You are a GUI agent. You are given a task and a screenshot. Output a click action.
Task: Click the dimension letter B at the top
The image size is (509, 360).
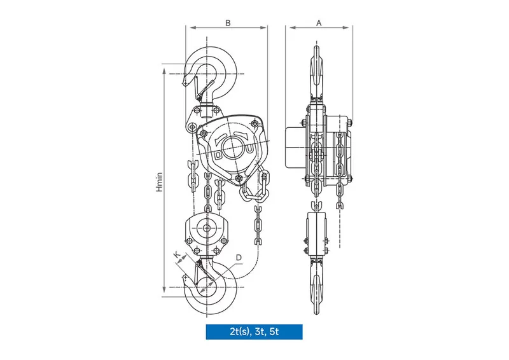pyautogui.click(x=227, y=22)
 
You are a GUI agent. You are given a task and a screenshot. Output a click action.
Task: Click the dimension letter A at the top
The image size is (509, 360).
pyautogui.click(x=319, y=22)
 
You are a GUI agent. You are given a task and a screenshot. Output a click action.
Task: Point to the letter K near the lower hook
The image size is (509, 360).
pyautogui.click(x=177, y=255)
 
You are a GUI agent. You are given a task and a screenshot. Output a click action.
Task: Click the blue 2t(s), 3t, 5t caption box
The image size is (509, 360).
pyautogui.click(x=254, y=331)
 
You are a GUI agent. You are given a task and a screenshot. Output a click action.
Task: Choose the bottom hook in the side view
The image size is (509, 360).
pyautogui.click(x=317, y=283)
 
